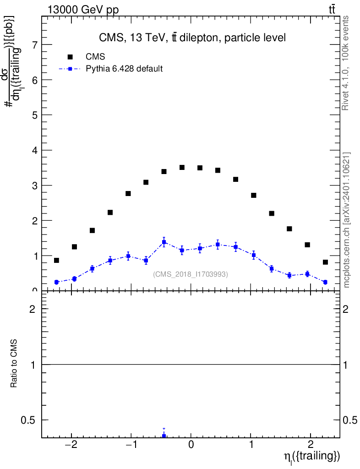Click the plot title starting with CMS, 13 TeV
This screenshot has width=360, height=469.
tap(192, 38)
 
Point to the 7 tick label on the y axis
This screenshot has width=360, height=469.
tap(34, 45)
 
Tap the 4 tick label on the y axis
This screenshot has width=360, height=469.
tap(34, 150)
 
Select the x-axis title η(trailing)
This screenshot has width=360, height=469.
tap(311, 457)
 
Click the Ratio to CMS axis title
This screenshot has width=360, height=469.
tap(14, 364)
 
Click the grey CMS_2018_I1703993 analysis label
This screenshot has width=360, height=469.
tap(191, 274)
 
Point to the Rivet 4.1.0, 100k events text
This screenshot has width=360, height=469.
tap(346, 63)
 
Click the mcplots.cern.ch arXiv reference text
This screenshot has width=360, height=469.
tap(347, 220)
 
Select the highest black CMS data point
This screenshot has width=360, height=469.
tap(182, 168)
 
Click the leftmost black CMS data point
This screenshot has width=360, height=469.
tap(56, 260)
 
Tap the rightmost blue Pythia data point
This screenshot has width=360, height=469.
tap(325, 282)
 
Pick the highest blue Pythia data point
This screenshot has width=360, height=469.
tap(164, 242)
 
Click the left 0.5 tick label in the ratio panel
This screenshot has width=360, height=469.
tap(31, 420)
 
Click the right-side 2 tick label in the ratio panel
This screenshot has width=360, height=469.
tap(347, 309)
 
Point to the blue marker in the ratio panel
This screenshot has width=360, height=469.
tap(164, 436)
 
